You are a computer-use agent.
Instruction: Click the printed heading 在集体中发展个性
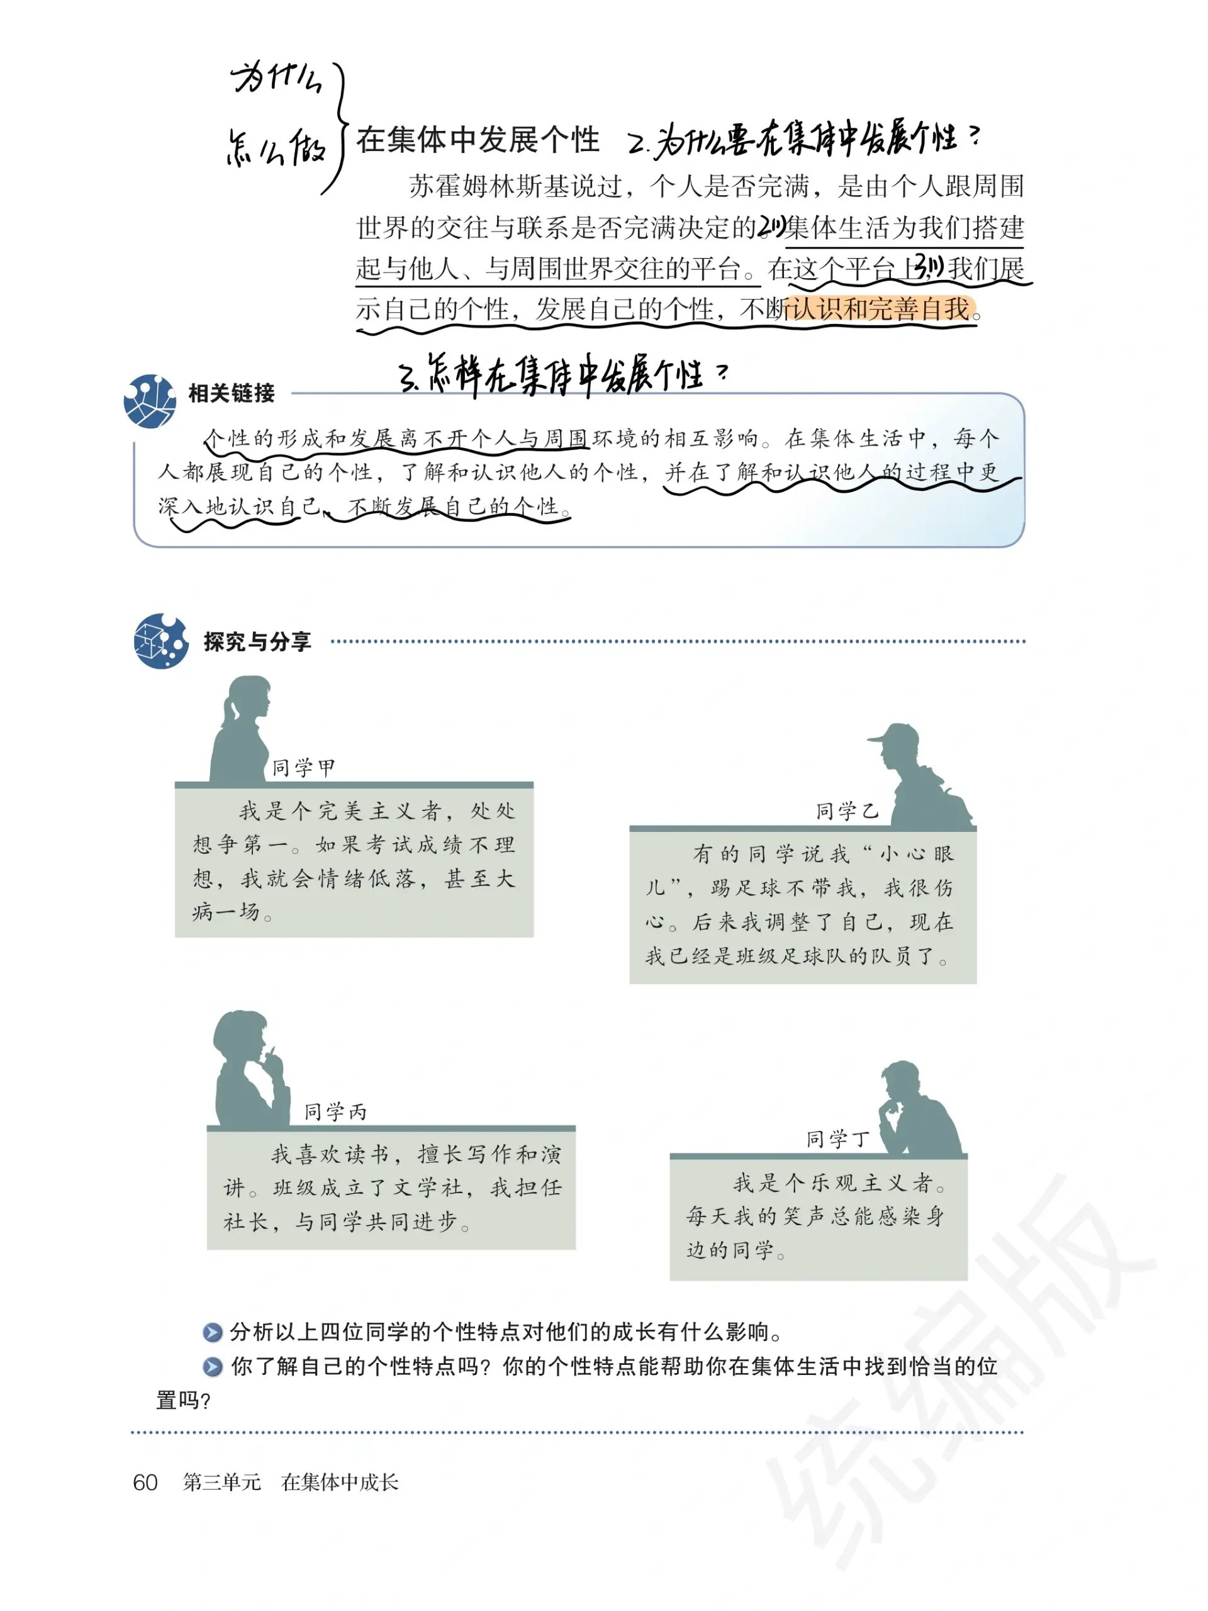coord(478,140)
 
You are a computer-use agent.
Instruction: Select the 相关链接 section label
coord(231,393)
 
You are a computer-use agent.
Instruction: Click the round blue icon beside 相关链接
coord(150,401)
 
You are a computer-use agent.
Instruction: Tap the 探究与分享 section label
coord(257,642)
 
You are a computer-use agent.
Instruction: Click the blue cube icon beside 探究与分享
coord(160,641)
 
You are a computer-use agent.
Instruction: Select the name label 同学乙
coord(847,811)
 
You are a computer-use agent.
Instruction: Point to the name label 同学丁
coord(837,1139)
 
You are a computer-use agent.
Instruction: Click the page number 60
coord(145,1483)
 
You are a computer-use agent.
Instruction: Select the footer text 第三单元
coord(221,1483)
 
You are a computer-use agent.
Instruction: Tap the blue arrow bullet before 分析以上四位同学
coord(212,1333)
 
